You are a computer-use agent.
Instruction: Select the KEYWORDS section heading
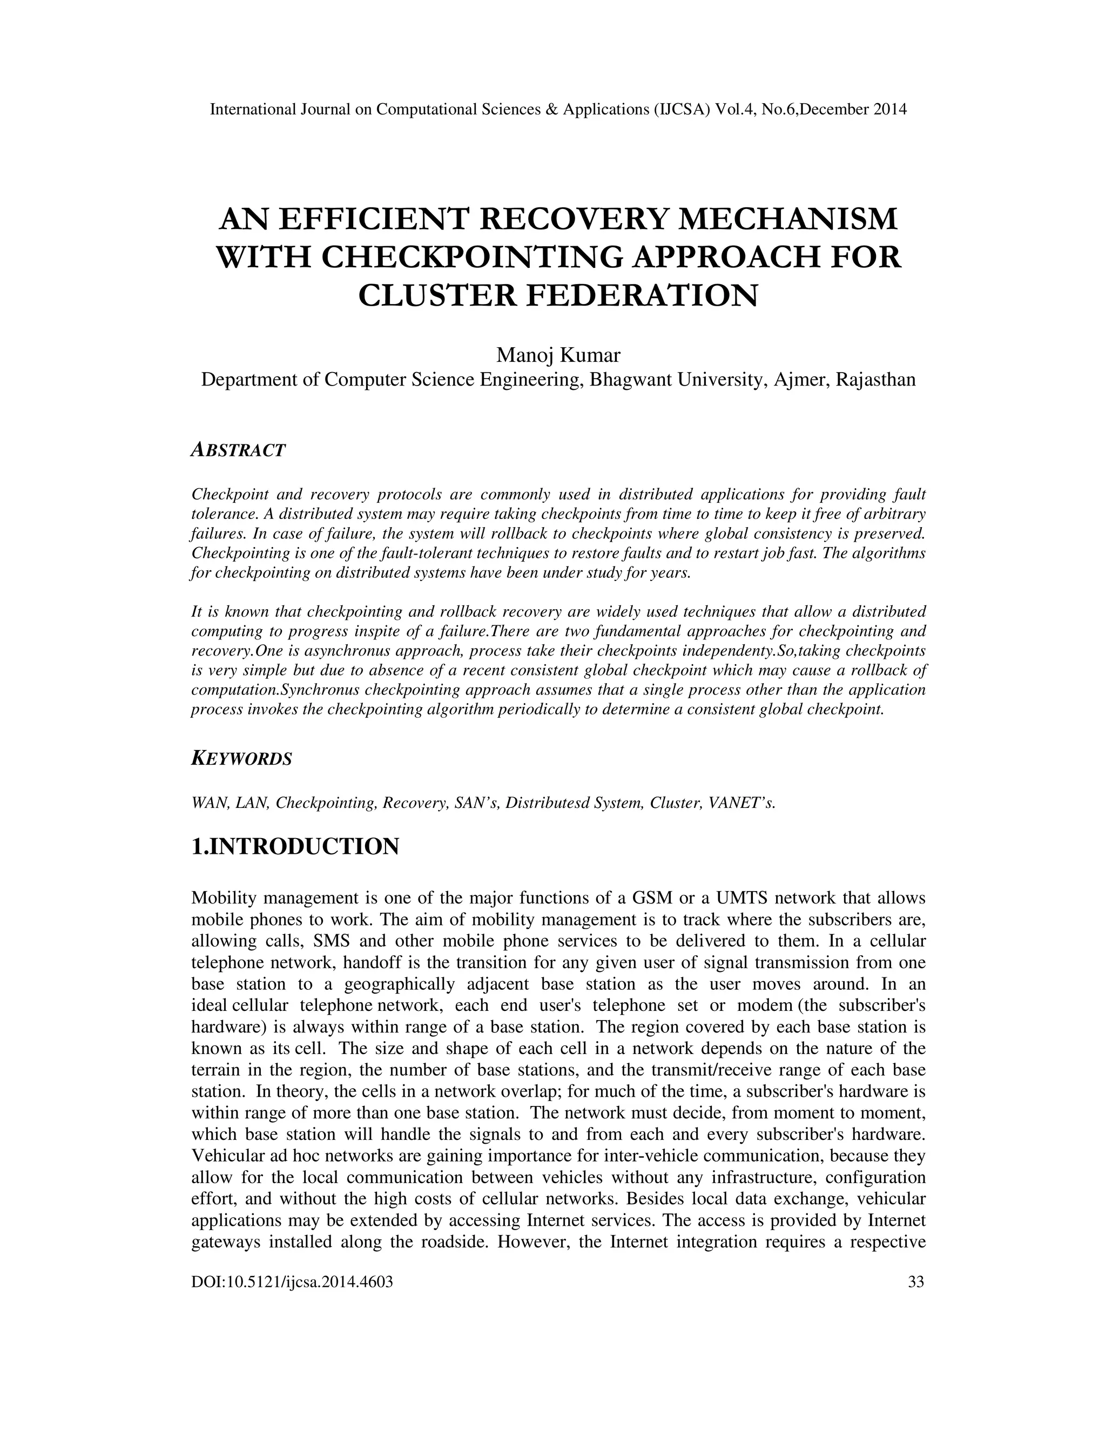(x=241, y=759)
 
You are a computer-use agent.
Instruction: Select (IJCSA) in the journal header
(x=682, y=110)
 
